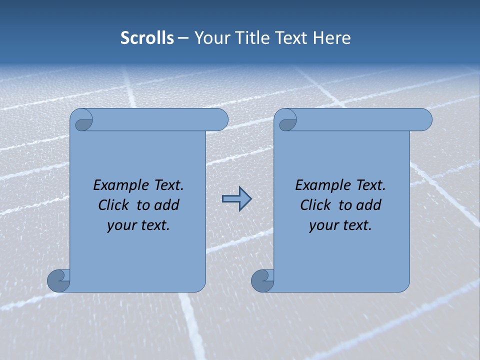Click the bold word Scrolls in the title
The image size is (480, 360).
147,38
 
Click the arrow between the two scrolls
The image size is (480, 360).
236,199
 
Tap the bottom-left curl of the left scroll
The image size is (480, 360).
59,280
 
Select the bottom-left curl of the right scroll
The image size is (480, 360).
262,280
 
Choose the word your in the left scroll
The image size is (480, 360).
120,226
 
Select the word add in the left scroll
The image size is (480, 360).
167,205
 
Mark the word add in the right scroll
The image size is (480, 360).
369,205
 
